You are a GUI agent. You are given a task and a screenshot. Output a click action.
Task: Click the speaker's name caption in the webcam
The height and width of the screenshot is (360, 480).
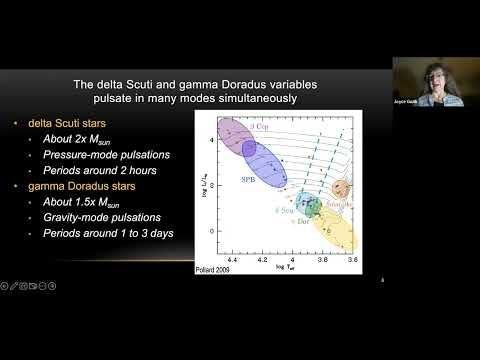coord(420,103)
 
